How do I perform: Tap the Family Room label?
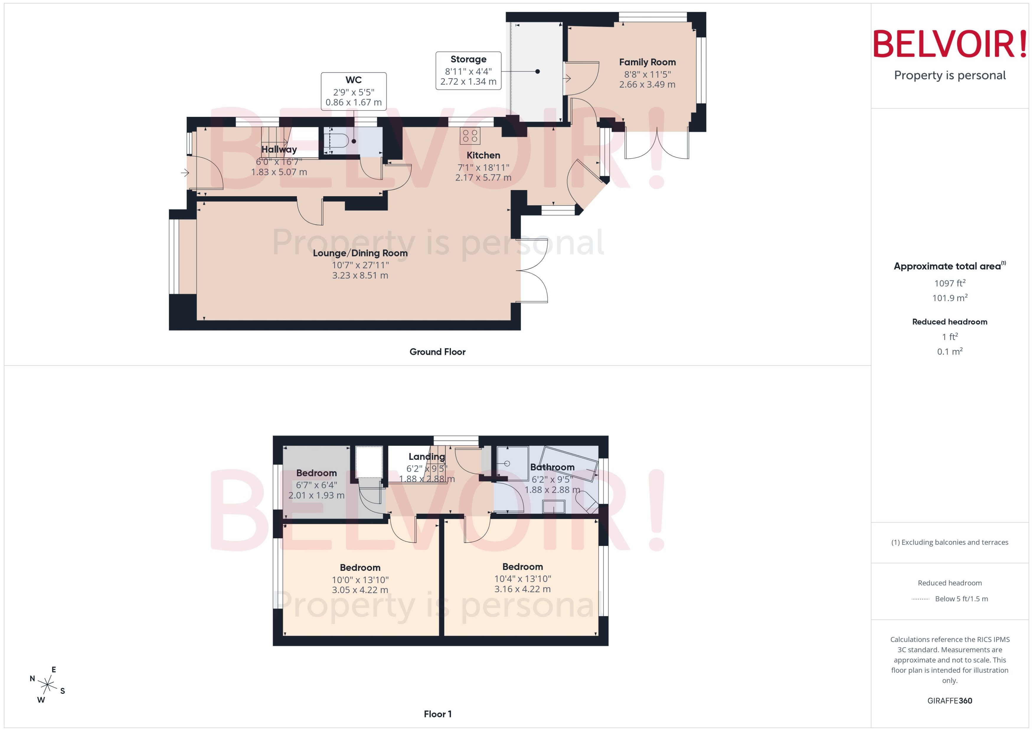point(647,62)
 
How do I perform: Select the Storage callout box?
point(468,71)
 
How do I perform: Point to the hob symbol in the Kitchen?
point(470,136)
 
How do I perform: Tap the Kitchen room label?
point(483,155)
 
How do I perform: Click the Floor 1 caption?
point(437,714)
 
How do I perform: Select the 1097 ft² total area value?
point(949,283)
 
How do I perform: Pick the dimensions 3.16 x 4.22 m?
point(522,589)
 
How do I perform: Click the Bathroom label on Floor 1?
point(552,467)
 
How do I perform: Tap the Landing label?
point(426,457)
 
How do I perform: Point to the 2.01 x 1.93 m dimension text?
point(316,495)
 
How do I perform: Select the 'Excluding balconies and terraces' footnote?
point(949,542)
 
